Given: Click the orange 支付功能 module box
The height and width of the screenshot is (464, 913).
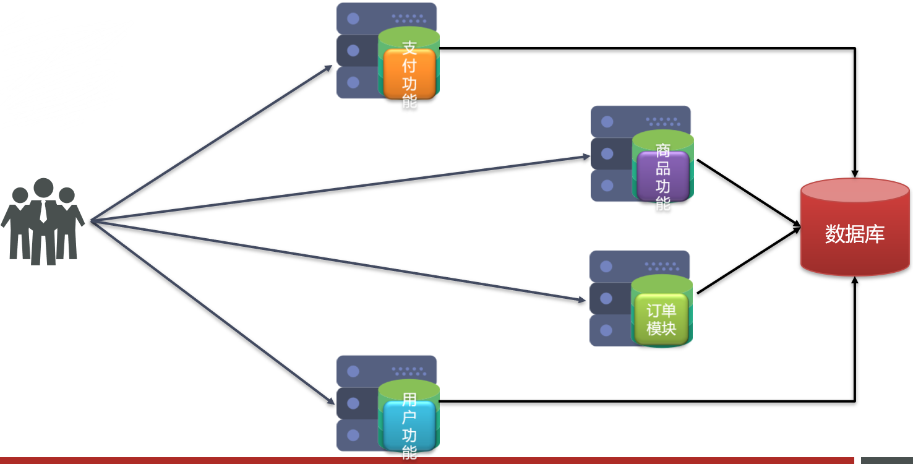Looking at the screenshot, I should click(x=409, y=74).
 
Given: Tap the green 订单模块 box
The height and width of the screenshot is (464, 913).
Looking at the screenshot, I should click(x=661, y=319).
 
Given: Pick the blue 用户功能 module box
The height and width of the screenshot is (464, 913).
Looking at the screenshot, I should click(x=409, y=426).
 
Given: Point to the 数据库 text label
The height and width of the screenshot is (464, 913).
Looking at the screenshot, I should click(x=855, y=234).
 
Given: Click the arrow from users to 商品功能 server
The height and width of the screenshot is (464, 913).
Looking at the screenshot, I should click(x=340, y=189).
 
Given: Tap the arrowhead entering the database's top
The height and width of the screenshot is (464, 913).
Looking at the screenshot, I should click(x=855, y=173).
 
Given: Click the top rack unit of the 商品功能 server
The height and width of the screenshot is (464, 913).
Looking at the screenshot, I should click(x=640, y=121).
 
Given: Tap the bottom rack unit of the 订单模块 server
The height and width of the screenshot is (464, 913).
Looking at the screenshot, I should click(x=609, y=330).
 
